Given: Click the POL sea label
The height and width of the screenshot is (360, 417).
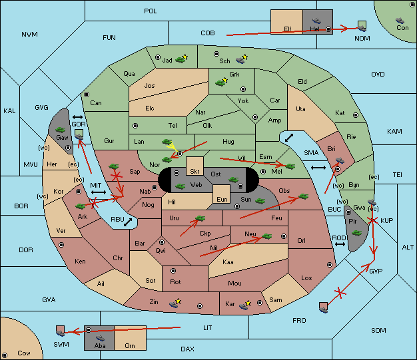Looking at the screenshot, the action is pyautogui.click(x=151, y=11).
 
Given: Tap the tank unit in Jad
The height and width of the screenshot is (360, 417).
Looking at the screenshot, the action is pyautogui.click(x=181, y=59).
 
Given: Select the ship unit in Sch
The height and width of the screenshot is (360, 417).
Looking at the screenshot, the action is pyautogui.click(x=240, y=60).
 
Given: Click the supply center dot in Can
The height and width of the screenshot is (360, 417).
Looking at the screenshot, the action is pyautogui.click(x=87, y=94).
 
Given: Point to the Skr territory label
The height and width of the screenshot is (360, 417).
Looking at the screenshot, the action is pyautogui.click(x=195, y=172).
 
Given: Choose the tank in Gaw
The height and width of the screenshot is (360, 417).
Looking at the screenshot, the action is pyautogui.click(x=61, y=130).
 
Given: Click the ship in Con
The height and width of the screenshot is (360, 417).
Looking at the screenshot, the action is pyautogui.click(x=400, y=21).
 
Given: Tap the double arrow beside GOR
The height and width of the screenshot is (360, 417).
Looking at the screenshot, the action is pyautogui.click(x=78, y=117).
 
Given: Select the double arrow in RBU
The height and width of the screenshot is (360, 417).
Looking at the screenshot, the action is pyautogui.click(x=128, y=222).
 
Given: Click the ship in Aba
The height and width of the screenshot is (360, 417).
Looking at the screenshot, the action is pyautogui.click(x=101, y=338).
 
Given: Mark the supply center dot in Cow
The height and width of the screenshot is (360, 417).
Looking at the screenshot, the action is pyautogui.click(x=5, y=355).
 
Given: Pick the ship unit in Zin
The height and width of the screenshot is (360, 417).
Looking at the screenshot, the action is pyautogui.click(x=174, y=304).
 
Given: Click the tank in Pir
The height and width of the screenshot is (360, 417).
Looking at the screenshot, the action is pyautogui.click(x=356, y=233).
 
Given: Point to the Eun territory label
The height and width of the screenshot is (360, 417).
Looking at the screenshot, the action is pyautogui.click(x=222, y=199).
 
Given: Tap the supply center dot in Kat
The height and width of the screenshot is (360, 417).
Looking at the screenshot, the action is pyautogui.click(x=356, y=115).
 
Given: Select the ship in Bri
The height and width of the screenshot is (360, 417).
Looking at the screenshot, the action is pyautogui.click(x=340, y=160).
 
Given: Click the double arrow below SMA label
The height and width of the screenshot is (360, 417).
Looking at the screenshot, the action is pyautogui.click(x=318, y=168).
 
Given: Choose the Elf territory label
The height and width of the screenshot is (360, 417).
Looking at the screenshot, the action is pyautogui.click(x=288, y=29).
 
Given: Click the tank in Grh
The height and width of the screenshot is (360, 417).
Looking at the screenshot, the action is pyautogui.click(x=220, y=83).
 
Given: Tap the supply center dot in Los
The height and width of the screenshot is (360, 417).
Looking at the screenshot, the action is pyautogui.click(x=330, y=265).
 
